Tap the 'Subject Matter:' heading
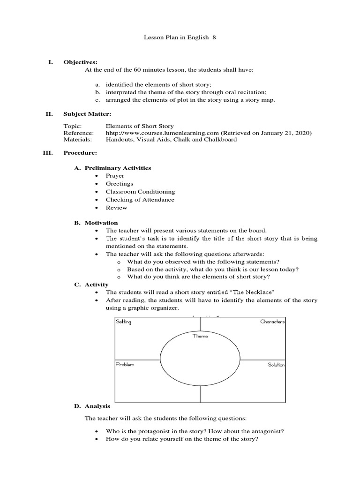click(87, 113)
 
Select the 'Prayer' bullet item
click(115, 176)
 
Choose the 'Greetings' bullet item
click(119, 184)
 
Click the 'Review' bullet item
click(116, 208)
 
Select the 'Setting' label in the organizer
click(124, 322)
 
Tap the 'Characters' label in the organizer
click(272, 322)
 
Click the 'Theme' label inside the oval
click(200, 336)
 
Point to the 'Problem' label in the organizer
click(125, 365)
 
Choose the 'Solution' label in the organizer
click(276, 365)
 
